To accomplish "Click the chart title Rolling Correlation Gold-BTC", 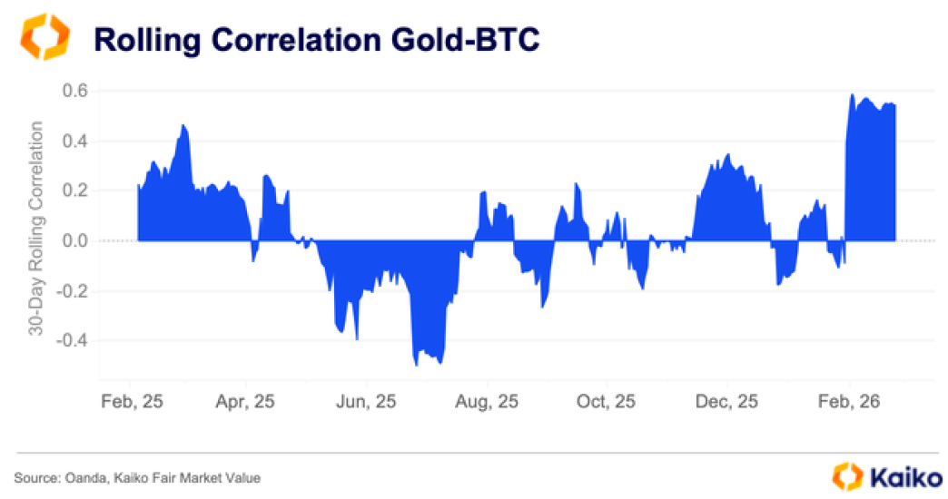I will (x=318, y=40).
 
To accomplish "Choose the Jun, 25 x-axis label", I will (x=366, y=401).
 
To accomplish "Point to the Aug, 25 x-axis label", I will (x=488, y=401).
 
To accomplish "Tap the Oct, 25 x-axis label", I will (x=607, y=401).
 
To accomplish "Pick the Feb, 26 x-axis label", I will (x=849, y=401).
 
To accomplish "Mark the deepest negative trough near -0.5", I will (x=416, y=365).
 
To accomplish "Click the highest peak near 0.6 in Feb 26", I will (x=852, y=94).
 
